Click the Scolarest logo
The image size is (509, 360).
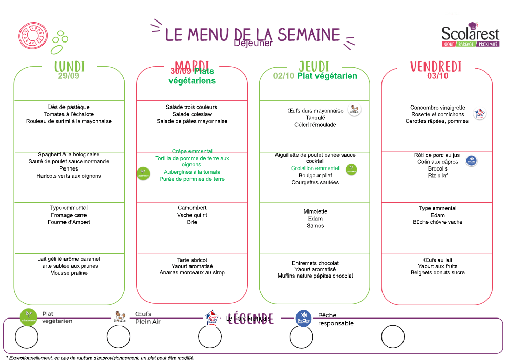click(470, 34)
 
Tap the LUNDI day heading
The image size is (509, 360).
click(70, 67)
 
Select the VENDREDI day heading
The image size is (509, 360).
click(436, 67)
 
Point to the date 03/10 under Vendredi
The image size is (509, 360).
click(437, 76)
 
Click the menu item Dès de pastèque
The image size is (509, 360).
click(69, 107)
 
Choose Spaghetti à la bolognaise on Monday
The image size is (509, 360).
click(69, 154)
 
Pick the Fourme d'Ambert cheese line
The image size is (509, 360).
click(69, 222)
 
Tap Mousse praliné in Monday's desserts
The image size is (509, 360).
click(69, 273)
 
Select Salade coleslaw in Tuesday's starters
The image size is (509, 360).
click(192, 114)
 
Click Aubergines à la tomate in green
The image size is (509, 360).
click(192, 172)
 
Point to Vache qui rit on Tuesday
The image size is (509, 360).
click(192, 215)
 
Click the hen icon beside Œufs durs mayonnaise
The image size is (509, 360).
click(354, 109)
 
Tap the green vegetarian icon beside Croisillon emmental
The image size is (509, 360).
click(351, 170)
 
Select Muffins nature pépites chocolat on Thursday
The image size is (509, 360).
click(315, 276)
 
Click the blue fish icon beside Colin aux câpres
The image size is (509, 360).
click(471, 161)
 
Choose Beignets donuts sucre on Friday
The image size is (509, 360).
click(438, 273)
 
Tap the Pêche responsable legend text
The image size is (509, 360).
click(335, 320)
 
